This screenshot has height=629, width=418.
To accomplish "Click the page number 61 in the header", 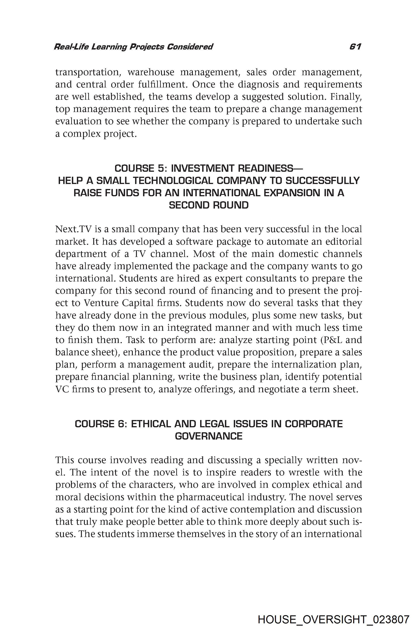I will [355, 47].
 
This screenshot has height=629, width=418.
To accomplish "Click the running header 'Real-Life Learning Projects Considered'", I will [133, 47].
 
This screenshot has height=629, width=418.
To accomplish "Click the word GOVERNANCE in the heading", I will [209, 436].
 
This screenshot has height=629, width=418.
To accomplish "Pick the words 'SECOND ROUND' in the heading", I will [209, 205].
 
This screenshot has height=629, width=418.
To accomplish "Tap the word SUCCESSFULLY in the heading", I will [322, 181].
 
